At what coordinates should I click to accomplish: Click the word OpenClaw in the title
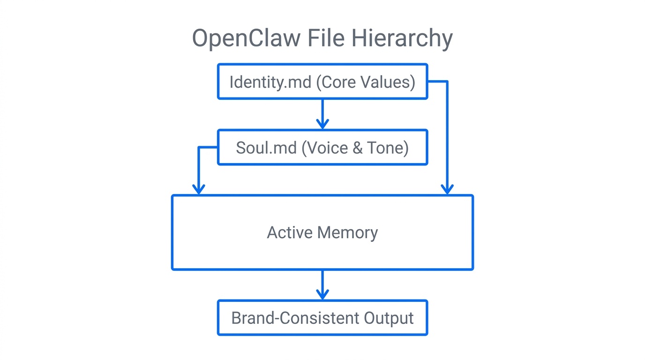pos(247,38)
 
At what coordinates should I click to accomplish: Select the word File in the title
pos(326,38)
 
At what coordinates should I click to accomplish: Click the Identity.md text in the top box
pos(270,82)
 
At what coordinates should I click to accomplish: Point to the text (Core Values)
pos(366,82)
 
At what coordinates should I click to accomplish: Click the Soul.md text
pos(266,148)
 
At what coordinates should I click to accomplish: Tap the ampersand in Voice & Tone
pos(357,148)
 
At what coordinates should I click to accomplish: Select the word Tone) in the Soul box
pos(389,148)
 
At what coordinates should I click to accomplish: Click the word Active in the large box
pos(290,232)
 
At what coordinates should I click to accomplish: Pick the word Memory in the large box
pos(347,232)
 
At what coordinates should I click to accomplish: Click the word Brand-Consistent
pos(289,318)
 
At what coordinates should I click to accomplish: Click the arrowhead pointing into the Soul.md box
pos(322,124)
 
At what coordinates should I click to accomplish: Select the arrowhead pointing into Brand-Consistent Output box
pos(322,294)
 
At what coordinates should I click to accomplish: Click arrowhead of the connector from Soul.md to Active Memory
pos(199,189)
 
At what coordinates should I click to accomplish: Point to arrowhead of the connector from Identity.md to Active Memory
pos(447,189)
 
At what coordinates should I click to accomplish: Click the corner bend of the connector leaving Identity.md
pos(447,82)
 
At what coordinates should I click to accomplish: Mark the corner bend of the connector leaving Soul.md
pos(199,147)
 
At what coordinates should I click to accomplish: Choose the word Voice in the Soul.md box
pos(325,148)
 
